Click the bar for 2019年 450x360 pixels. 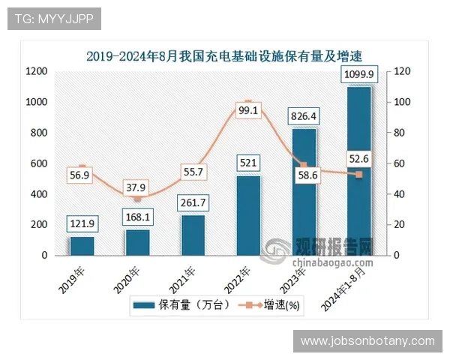pos(82,247)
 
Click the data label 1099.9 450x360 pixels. pos(359,73)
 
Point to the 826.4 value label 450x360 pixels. pos(304,116)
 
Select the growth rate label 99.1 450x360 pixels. pos(248,110)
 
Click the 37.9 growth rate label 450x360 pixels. pos(137,187)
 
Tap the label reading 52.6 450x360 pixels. pos(359,157)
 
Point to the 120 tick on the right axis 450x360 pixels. pos(403,71)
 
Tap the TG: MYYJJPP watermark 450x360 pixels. pos(52,19)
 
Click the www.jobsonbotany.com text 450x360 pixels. pos(367,341)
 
